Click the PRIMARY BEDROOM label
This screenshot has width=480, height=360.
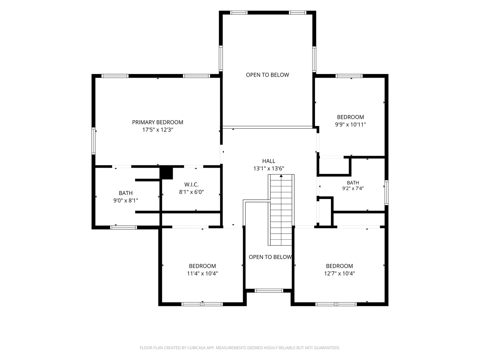pyautogui.click(x=157, y=122)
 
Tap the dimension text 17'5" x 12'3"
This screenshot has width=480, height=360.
pyautogui.click(x=158, y=130)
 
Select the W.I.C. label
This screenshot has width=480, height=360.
pyautogui.click(x=191, y=184)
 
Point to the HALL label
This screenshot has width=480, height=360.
pyautogui.click(x=269, y=161)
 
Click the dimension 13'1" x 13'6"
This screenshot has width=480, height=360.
pyautogui.click(x=269, y=169)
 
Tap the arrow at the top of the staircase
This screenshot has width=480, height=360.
pyautogui.click(x=281, y=176)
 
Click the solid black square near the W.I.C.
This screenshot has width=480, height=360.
pyautogui.click(x=166, y=173)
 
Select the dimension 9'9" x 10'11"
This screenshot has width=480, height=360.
pyautogui.click(x=350, y=125)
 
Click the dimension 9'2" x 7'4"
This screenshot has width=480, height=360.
pyautogui.click(x=353, y=188)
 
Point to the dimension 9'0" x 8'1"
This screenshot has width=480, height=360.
pyautogui.click(x=126, y=200)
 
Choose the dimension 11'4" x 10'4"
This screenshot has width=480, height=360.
pyautogui.click(x=202, y=273)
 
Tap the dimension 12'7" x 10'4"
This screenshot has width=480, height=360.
pyautogui.click(x=339, y=273)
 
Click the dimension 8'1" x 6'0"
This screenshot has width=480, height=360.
pyautogui.click(x=191, y=192)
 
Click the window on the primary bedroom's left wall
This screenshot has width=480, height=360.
pyautogui.click(x=93, y=141)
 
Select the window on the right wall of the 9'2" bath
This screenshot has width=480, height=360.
pyautogui.click(x=386, y=193)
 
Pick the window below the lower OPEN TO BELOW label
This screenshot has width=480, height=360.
pyautogui.click(x=269, y=291)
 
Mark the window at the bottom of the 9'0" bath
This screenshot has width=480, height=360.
pyautogui.click(x=123, y=228)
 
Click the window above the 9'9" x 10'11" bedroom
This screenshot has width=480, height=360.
pyautogui.click(x=349, y=76)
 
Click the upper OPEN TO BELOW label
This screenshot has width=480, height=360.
pyautogui.click(x=267, y=75)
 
